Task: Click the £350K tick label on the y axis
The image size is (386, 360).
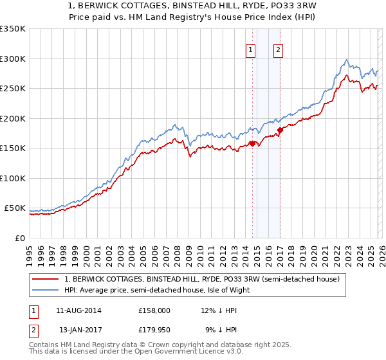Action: (13, 29)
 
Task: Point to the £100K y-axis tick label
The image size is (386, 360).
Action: (13, 178)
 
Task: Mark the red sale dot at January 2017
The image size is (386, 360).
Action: (280, 130)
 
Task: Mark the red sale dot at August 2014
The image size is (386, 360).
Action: (252, 143)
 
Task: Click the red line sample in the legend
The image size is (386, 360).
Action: (46, 279)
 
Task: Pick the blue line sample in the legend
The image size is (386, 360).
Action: (46, 290)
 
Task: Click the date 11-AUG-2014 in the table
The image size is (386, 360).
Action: (78, 310)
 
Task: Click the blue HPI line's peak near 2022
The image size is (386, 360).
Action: (347, 60)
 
